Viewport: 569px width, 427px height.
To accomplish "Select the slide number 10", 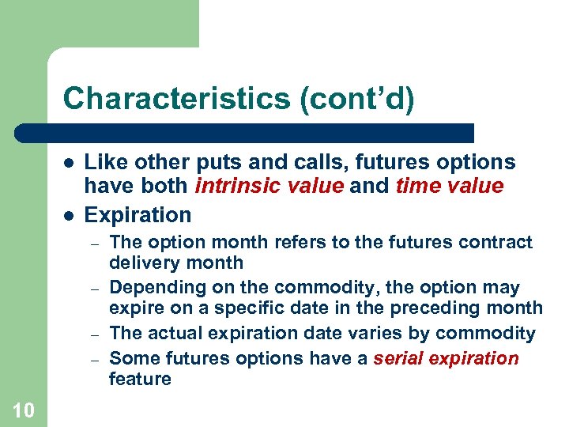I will coord(23,410).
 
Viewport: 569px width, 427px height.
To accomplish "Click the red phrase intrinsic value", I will coord(265,186).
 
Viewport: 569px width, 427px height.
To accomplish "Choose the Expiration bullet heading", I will coord(138,214).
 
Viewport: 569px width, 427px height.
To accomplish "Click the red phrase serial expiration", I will coord(446,358).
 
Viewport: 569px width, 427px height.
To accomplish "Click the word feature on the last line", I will coord(140,379).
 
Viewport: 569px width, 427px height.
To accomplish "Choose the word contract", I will coord(498,242).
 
